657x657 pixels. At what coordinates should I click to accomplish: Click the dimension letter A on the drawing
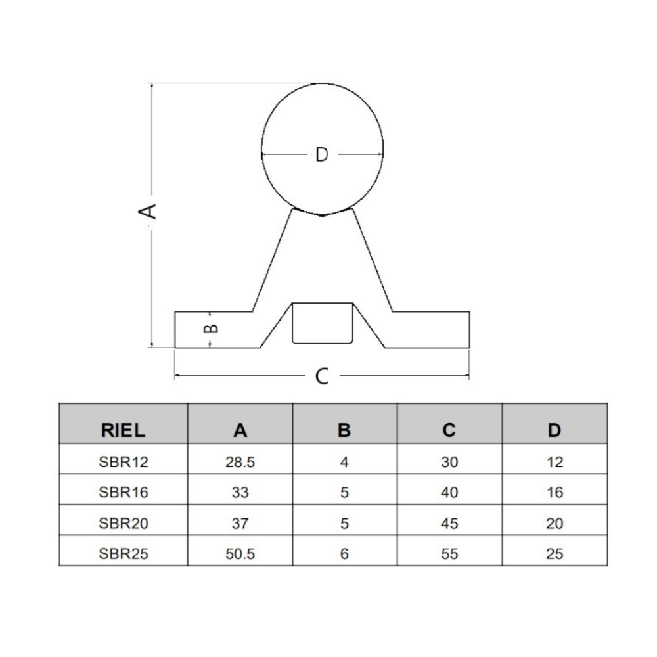[x=150, y=211]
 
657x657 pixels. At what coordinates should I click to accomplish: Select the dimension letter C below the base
[x=322, y=376]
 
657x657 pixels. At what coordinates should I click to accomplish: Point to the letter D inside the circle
[x=321, y=155]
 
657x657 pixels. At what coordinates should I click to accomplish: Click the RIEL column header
[x=124, y=430]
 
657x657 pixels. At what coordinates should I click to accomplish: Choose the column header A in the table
[x=240, y=430]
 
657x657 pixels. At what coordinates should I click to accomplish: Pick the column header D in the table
[x=555, y=430]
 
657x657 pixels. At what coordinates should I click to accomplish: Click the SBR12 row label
[x=124, y=462]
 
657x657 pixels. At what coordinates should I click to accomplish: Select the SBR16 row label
[x=124, y=492]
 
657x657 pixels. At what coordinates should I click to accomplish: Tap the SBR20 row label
[x=124, y=523]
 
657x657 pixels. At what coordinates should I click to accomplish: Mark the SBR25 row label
[x=124, y=554]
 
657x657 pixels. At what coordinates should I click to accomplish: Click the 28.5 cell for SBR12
[x=240, y=462]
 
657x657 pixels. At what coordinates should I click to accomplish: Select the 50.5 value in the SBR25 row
[x=240, y=554]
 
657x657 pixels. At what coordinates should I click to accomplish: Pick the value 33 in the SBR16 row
[x=240, y=492]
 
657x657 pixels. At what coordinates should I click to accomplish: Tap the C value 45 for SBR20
[x=449, y=523]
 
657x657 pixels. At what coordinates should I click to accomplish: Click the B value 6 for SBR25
[x=344, y=554]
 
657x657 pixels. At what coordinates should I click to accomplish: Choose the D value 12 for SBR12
[x=555, y=462]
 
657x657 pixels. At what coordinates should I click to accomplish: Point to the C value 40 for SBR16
[x=449, y=492]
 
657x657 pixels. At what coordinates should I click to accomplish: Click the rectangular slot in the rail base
[x=322, y=323]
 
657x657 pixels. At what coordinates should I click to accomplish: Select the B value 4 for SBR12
[x=344, y=462]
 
